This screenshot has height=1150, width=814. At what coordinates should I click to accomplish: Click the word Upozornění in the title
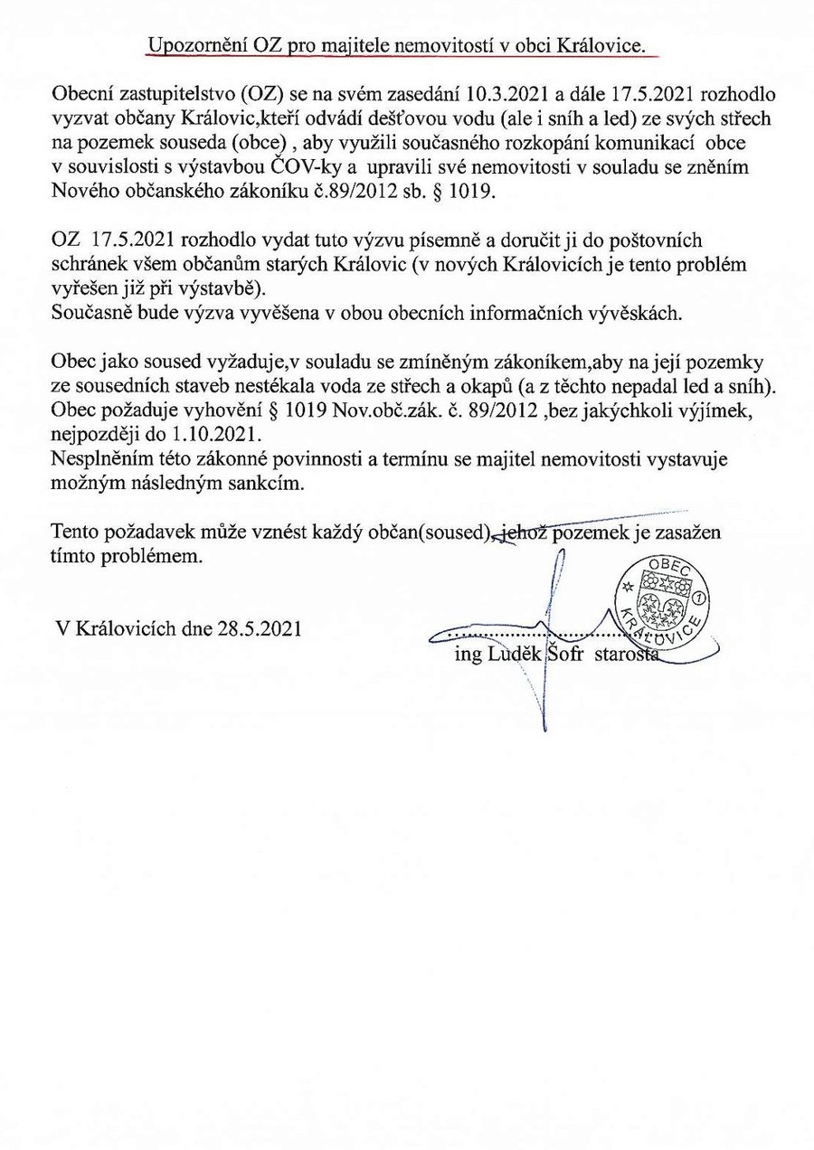pos(193,46)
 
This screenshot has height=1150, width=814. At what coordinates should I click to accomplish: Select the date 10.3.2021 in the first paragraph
pos(530,95)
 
